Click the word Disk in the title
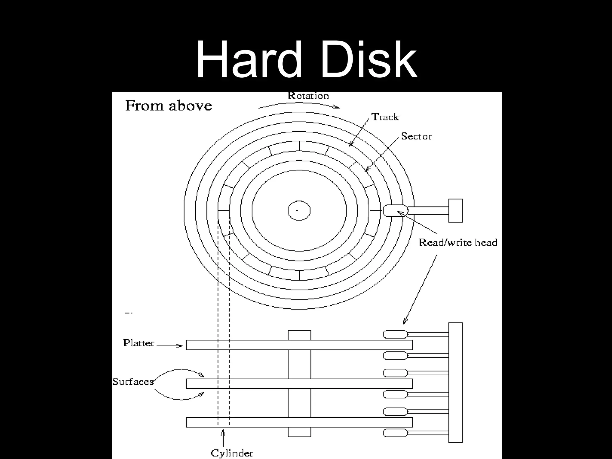369,60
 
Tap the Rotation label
308,96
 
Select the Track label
385,117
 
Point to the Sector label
416,137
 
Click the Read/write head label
458,242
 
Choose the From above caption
169,106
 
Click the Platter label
139,343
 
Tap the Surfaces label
133,382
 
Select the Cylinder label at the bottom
232,453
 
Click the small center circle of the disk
299,211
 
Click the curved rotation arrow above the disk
299,105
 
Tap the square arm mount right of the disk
455,211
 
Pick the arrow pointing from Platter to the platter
170,346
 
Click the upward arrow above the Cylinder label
223,438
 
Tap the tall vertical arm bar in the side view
455,382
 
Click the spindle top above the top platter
299,335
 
